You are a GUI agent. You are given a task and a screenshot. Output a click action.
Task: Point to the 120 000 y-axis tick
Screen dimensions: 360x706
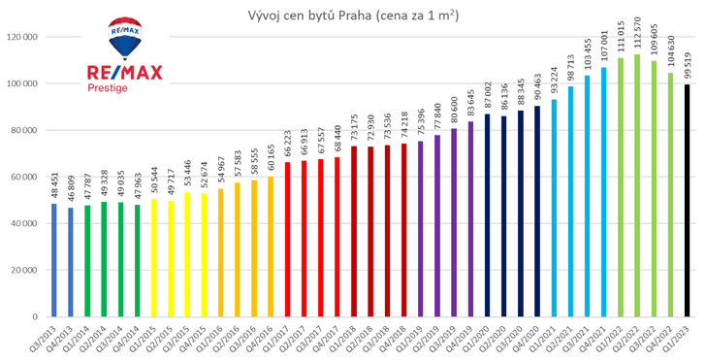[x=20, y=37]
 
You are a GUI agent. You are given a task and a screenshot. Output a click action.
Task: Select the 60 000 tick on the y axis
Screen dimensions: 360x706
[x=22, y=177]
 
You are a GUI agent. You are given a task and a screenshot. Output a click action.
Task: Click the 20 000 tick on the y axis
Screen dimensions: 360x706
[x=22, y=270]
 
